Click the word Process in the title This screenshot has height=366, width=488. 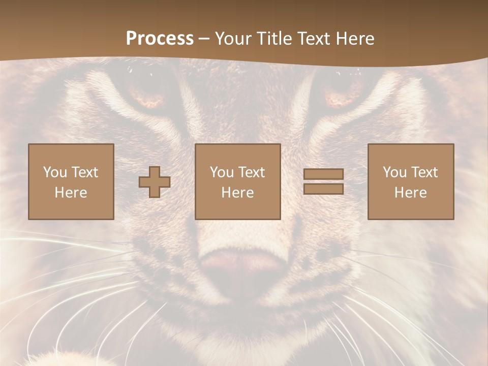(x=160, y=39)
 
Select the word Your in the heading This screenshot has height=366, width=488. (x=233, y=39)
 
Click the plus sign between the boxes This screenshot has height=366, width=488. (x=155, y=182)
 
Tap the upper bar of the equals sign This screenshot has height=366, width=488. (x=323, y=174)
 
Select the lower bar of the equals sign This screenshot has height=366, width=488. (x=323, y=189)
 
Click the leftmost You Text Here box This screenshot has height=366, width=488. (x=71, y=181)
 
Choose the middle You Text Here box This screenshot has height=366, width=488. (x=237, y=181)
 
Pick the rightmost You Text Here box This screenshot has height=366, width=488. (x=410, y=181)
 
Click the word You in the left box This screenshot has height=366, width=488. (x=55, y=172)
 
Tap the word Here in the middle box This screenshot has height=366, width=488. (x=237, y=193)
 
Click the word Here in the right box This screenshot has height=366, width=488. (x=410, y=193)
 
